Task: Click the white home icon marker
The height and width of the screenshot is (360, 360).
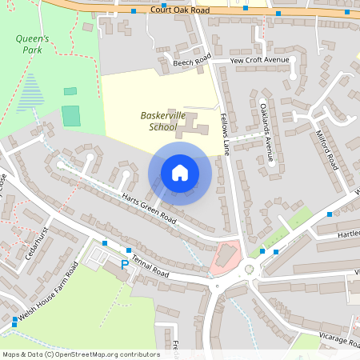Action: (x=180, y=173)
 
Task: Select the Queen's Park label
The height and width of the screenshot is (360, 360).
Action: (x=32, y=43)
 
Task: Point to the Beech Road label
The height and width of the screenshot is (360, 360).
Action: (x=191, y=61)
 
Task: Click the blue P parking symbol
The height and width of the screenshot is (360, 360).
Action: (x=124, y=264)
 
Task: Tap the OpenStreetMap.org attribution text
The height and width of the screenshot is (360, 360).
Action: (x=80, y=354)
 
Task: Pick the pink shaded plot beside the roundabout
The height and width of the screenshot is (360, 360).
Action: (x=226, y=256)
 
